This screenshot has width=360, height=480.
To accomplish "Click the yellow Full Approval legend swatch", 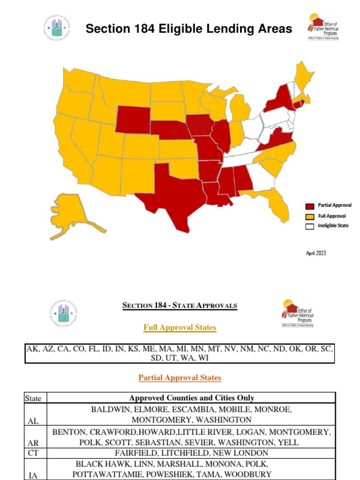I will (x=310, y=217).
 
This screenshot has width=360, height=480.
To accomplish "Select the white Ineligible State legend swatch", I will (x=310, y=226).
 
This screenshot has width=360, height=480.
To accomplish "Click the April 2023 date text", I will (x=316, y=254).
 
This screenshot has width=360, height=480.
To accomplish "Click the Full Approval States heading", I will (x=180, y=327).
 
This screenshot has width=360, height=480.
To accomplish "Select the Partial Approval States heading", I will (x=180, y=377).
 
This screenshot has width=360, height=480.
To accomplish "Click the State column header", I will (x=33, y=398).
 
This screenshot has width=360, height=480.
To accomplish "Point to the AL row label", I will (x=33, y=421).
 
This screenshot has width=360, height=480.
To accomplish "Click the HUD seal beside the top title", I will (x=57, y=29).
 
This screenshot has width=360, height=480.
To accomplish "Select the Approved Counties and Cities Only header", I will (x=191, y=398).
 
